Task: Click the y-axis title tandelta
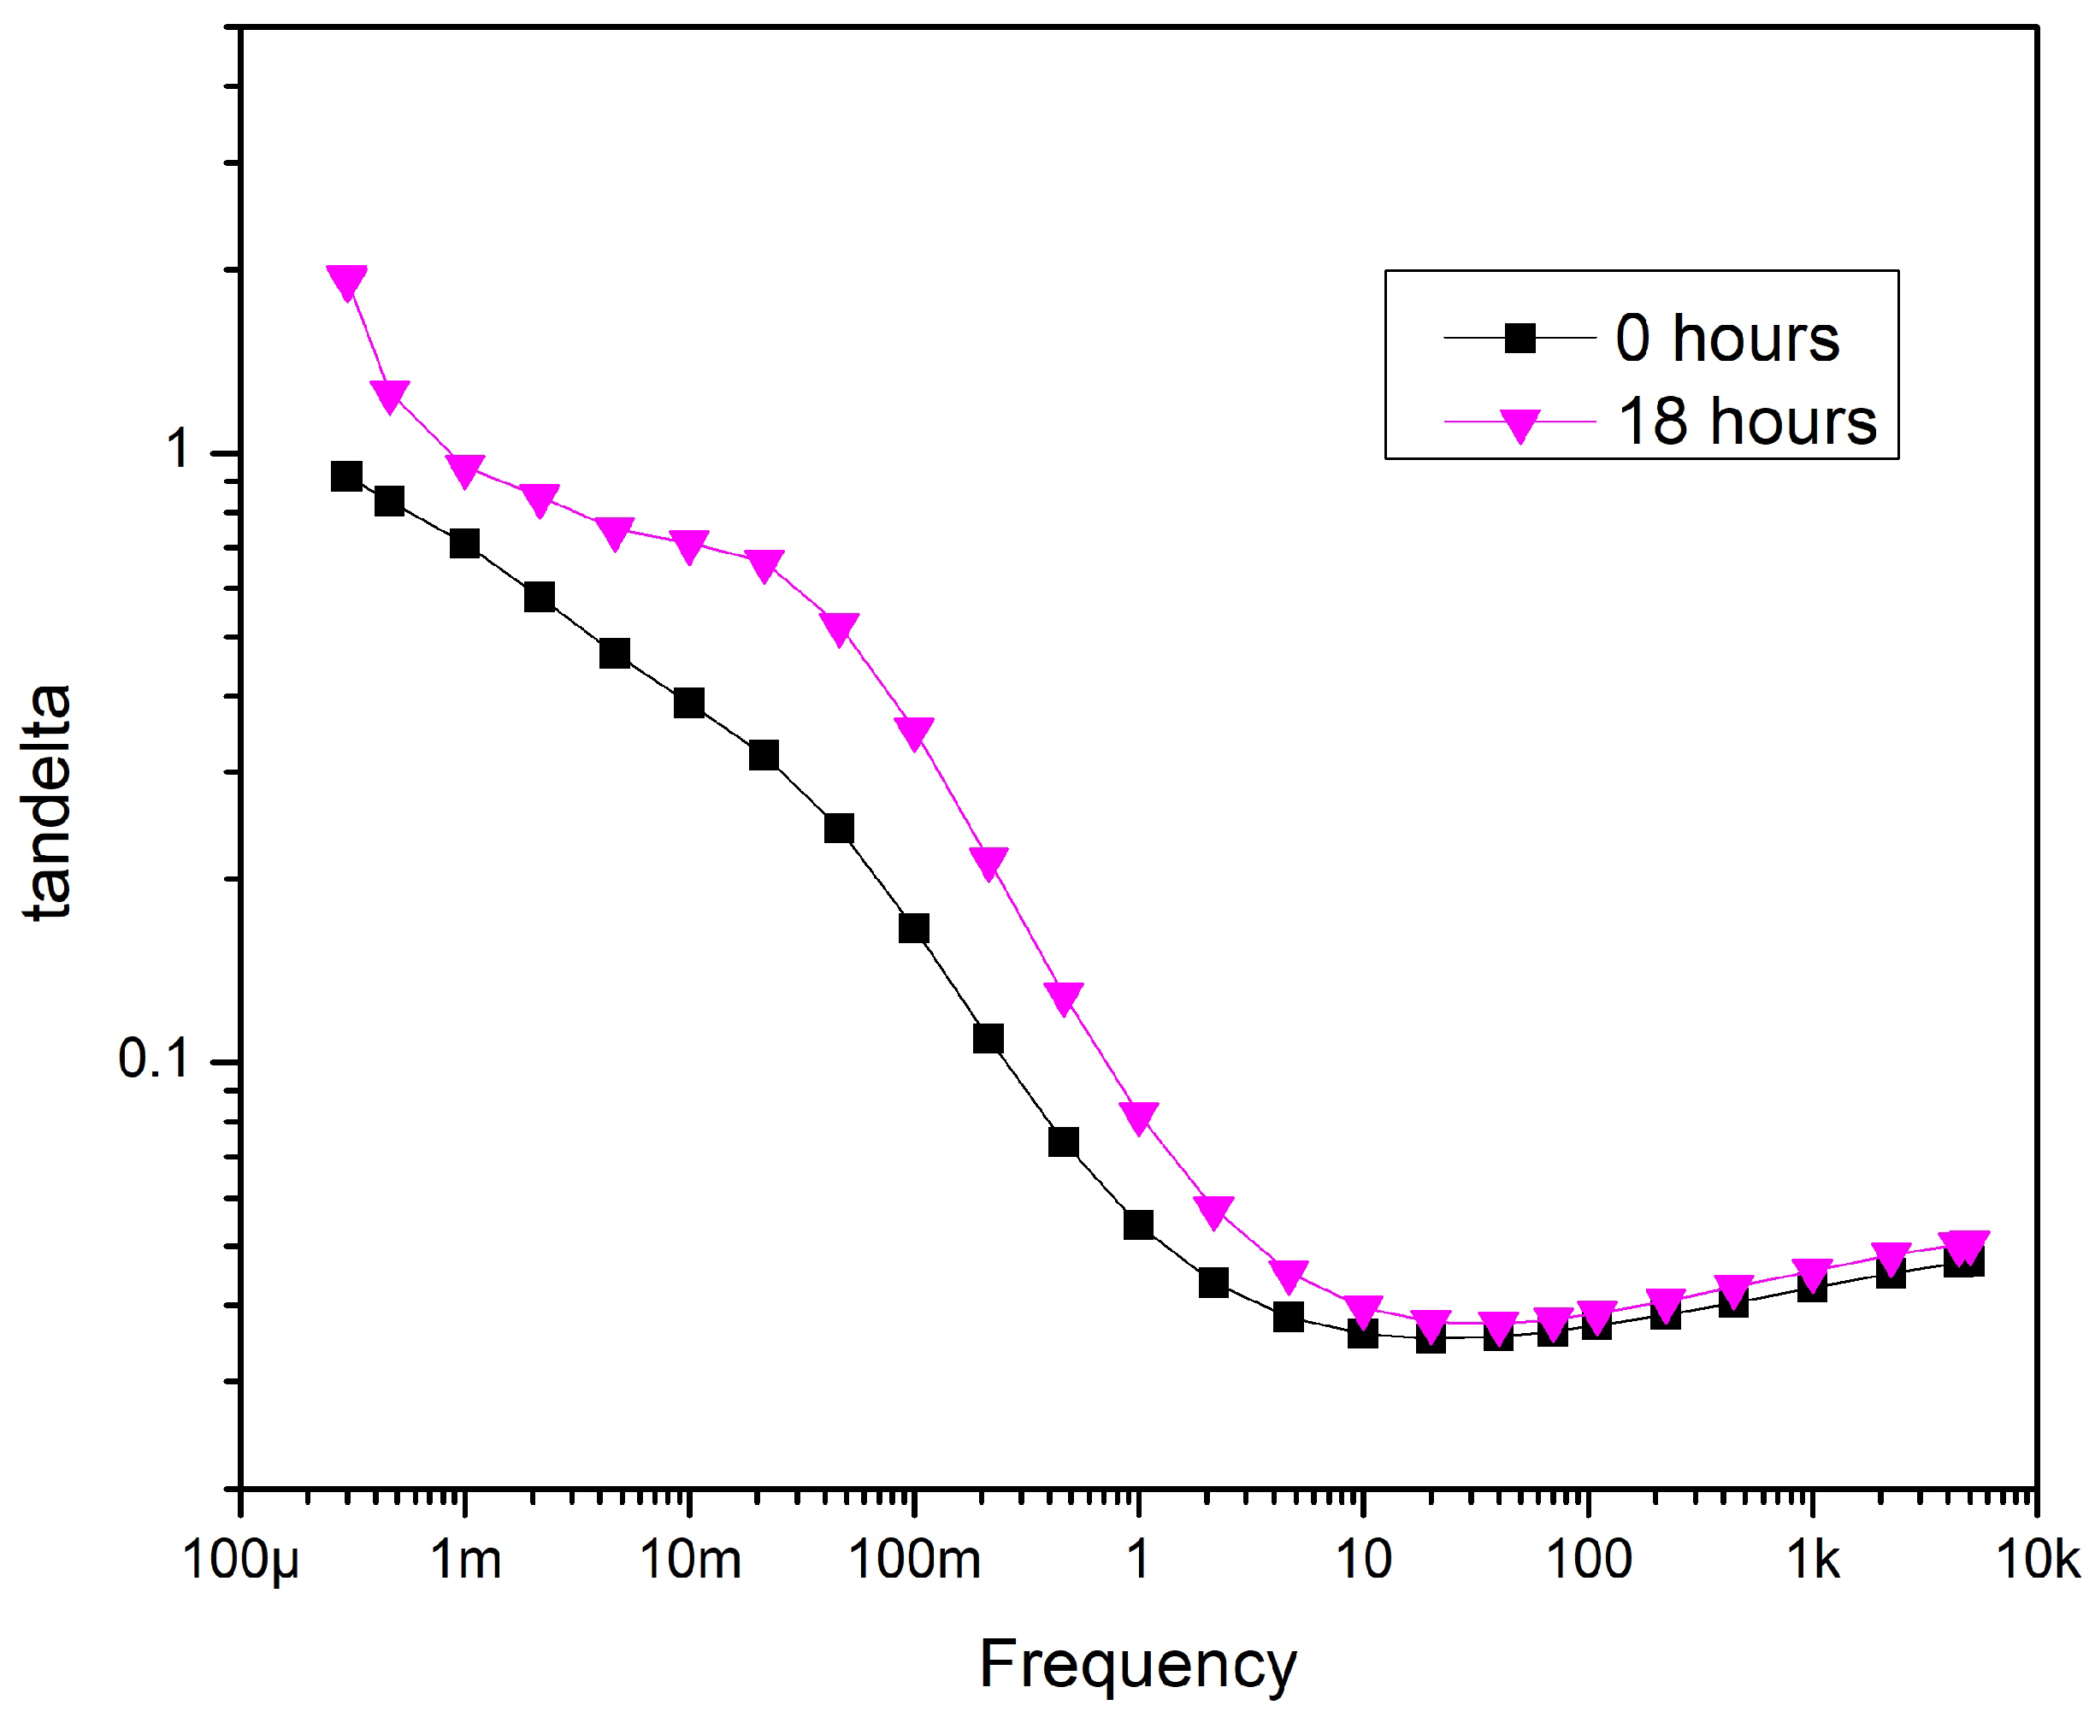(48, 801)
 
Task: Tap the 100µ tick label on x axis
(240, 1561)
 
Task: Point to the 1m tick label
(466, 1561)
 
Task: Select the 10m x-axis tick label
(690, 1561)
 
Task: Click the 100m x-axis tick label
(915, 1561)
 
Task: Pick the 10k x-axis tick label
(2039, 1561)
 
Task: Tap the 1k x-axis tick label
(1813, 1561)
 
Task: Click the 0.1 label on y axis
(152, 1059)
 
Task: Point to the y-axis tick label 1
(178, 449)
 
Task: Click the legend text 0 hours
(1727, 339)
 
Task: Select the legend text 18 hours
(1747, 422)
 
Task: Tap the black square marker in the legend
(1520, 339)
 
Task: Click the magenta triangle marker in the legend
(1520, 424)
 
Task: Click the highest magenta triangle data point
(346, 280)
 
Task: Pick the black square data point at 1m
(465, 543)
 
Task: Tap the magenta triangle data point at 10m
(689, 545)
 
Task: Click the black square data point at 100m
(914, 928)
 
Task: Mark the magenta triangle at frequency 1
(1138, 1117)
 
